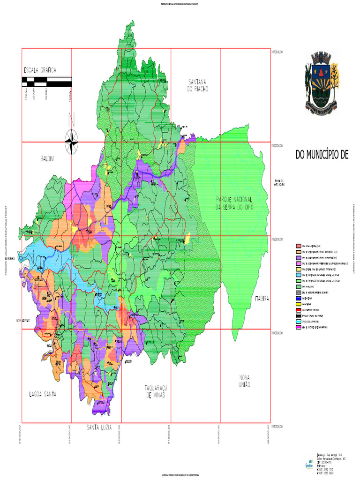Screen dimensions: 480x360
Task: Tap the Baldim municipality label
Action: [x=47, y=159]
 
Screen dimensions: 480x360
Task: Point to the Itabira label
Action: [x=262, y=298]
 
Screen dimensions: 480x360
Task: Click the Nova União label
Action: [x=244, y=381]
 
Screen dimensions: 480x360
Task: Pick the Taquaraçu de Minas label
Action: [x=156, y=392]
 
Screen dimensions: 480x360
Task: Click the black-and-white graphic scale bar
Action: [x=46, y=82]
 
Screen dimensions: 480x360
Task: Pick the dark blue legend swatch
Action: [x=298, y=298]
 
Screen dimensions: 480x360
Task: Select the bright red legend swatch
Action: [x=298, y=310]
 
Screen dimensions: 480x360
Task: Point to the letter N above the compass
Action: [x=71, y=120]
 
